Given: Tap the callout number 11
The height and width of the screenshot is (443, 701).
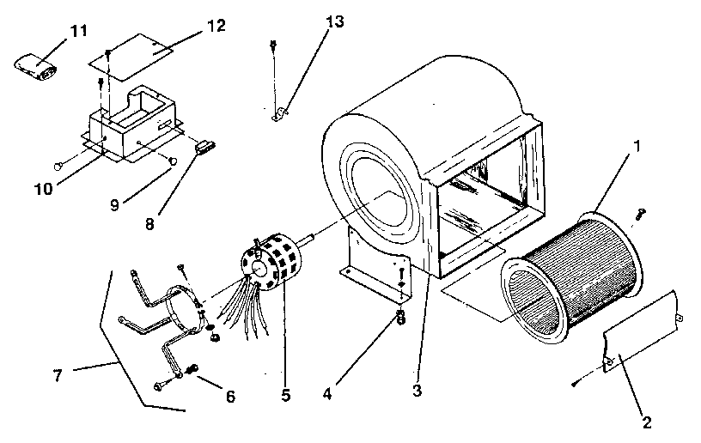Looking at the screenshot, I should [x=79, y=31].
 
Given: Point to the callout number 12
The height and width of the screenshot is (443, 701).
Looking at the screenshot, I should [x=216, y=26].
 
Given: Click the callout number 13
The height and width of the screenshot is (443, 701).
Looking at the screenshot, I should [x=334, y=21].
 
